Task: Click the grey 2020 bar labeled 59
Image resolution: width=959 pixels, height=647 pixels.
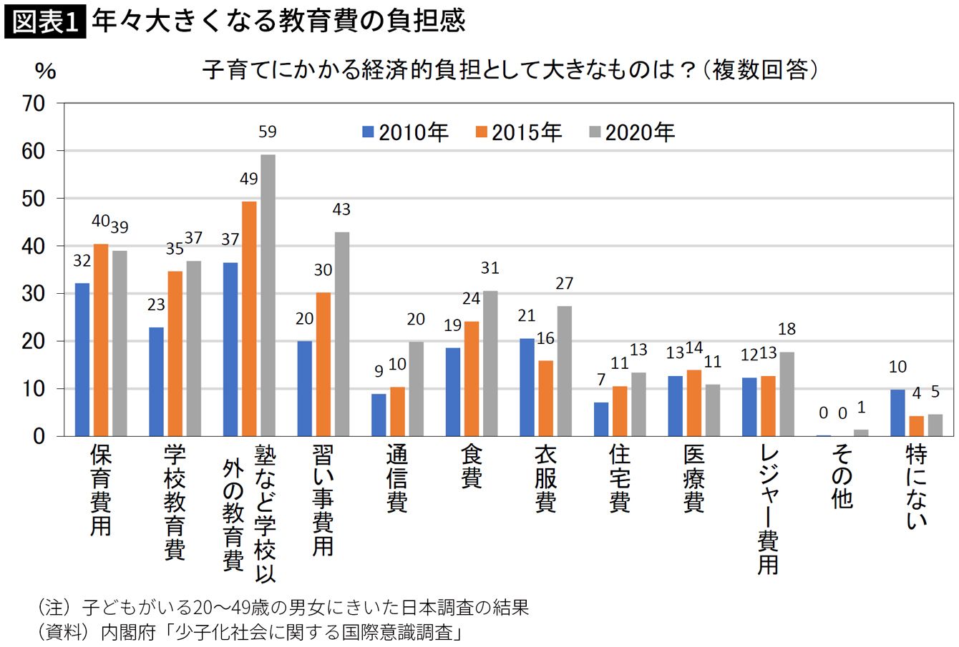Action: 268,295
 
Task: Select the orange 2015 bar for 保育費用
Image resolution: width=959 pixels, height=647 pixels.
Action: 101,340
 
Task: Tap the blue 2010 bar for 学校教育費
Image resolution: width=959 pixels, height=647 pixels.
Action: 156,382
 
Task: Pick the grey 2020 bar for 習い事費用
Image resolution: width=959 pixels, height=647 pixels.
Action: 342,334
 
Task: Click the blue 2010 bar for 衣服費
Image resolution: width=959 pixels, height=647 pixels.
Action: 527,387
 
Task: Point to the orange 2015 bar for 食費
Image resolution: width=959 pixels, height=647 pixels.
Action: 472,378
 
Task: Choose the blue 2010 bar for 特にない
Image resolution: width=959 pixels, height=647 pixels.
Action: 897,413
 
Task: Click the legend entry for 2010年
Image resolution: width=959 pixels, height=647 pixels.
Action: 405,132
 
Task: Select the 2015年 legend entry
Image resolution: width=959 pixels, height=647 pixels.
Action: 519,132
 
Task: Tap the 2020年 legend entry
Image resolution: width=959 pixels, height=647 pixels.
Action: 631,132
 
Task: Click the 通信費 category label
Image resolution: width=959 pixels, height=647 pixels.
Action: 397,478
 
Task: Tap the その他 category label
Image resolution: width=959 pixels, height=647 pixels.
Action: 842,476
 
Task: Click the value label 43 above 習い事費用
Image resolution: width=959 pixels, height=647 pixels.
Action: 341,210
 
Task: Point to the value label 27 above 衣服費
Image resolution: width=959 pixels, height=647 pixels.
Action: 564,284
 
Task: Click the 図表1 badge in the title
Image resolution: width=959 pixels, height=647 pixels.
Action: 44,21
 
